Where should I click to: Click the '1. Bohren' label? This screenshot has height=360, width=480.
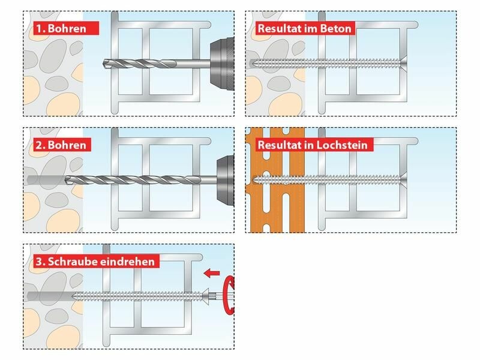[66, 28]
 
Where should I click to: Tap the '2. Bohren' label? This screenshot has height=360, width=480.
[62, 145]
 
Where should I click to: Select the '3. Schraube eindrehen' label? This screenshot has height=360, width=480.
[97, 262]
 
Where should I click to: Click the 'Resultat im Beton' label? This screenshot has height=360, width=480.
[305, 28]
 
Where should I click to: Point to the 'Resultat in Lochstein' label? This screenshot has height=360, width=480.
[314, 145]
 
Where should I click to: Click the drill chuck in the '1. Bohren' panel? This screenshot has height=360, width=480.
[222, 64]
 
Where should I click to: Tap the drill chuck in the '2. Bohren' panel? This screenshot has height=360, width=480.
[226, 181]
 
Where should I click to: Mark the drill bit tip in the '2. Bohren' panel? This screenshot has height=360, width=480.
[66, 180]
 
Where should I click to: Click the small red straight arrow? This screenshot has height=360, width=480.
[212, 273]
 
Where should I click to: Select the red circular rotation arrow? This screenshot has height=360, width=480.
[228, 295]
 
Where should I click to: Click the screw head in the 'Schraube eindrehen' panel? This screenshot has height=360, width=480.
[205, 296]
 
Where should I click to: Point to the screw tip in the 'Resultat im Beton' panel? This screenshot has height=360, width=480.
[251, 64]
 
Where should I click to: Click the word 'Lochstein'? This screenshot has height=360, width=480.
[342, 145]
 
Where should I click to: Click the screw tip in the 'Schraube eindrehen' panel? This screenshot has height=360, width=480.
[73, 296]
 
